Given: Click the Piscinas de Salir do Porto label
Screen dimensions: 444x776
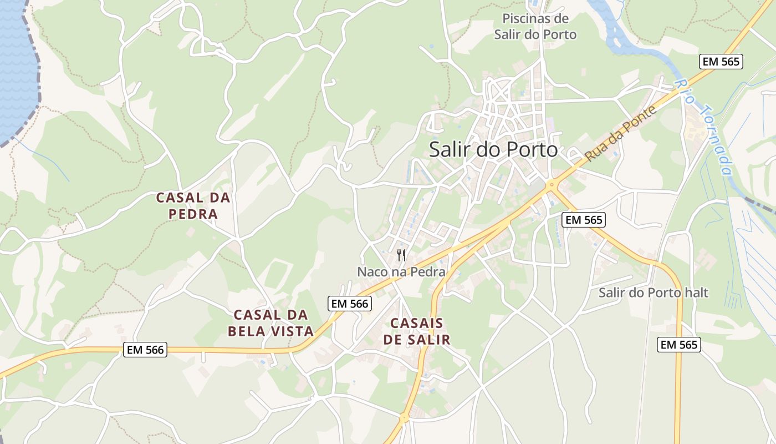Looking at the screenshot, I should [535, 27].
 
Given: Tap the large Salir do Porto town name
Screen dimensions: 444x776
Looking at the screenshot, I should [493, 149].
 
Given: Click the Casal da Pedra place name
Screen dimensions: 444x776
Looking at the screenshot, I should [193, 205].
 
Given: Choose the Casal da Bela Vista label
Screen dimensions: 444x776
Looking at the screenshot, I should [271, 323].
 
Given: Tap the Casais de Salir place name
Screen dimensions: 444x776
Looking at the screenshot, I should [417, 331].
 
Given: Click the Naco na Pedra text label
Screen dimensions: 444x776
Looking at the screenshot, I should [401, 272].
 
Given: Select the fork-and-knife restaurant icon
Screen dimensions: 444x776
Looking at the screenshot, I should [401, 255].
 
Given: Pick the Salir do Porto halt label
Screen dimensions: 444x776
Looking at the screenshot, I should [654, 292].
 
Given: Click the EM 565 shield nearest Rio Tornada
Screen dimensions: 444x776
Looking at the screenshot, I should [721, 62].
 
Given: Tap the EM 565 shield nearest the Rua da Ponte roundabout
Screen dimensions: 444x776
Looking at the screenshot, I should [584, 220].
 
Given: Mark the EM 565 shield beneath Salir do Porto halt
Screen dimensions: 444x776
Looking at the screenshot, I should [679, 345].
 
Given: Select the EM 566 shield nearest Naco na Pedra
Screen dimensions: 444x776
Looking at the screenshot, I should [349, 304].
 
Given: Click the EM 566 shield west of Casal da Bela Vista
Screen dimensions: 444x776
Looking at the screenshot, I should [145, 350].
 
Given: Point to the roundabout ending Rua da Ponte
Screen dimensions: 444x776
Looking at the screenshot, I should [551, 186].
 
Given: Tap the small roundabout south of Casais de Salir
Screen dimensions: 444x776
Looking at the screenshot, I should [404, 417].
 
